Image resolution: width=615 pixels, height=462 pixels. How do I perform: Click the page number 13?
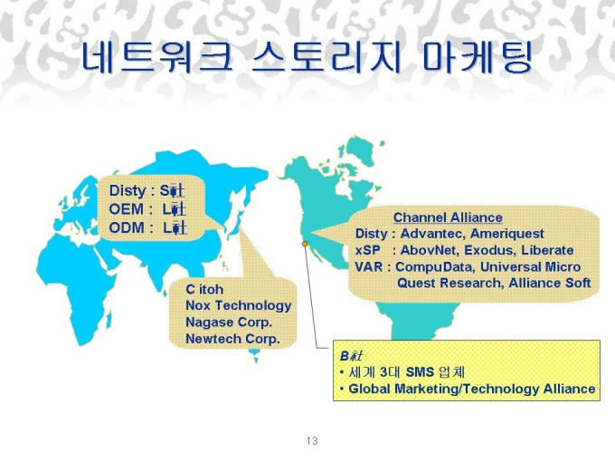[312, 441]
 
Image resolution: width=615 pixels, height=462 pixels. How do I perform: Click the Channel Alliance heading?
[448, 217]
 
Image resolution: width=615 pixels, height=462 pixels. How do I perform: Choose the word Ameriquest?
[506, 234]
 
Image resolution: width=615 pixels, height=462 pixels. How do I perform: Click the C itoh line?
[204, 289]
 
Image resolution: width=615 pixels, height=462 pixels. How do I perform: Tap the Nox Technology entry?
[239, 305]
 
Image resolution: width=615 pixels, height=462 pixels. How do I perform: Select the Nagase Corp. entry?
[229, 322]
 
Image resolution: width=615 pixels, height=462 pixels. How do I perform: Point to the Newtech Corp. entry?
[232, 339]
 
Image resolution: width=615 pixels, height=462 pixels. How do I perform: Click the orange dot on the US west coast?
[305, 244]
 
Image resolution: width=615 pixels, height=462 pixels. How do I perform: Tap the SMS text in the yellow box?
[420, 371]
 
